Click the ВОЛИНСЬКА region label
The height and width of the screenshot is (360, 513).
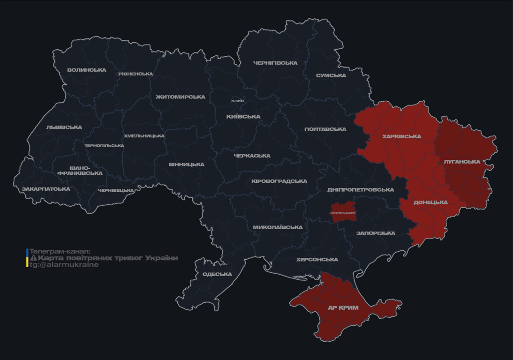coord(87,70)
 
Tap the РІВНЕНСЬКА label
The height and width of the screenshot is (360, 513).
coord(136,74)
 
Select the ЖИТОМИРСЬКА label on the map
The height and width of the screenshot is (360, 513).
coord(181,97)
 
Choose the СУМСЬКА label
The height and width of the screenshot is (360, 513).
coord(331,75)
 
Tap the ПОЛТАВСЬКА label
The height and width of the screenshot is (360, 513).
coord(325,129)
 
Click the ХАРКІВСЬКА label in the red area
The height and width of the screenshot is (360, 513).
coord(402,137)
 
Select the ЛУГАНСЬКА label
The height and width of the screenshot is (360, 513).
coord(462,162)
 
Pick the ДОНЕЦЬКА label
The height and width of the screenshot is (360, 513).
coord(430,202)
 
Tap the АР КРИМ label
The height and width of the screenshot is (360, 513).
coord(343,308)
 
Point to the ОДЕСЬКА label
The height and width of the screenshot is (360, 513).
coord(217,274)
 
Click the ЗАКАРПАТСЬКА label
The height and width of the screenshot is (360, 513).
coord(46,189)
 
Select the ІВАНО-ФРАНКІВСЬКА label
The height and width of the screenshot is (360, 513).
coord(80,171)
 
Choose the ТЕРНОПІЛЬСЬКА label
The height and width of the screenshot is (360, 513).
coord(104,146)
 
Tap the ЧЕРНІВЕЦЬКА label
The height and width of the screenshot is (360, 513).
coord(116,191)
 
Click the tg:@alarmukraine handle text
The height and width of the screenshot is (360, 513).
coord(64,265)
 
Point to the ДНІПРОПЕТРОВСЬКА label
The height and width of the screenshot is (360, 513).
coord(361,190)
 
